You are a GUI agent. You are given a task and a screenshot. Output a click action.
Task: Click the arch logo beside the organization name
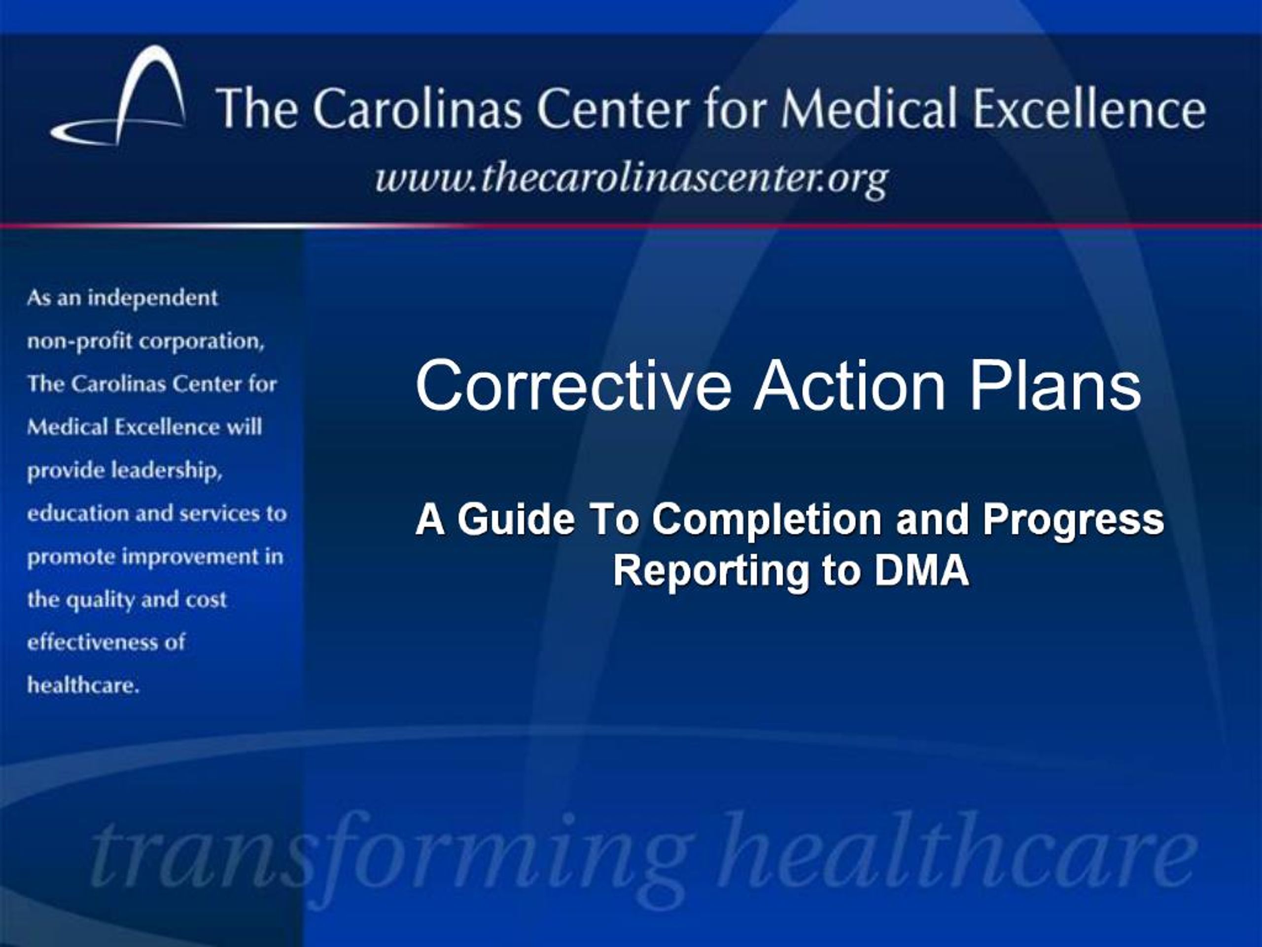click(x=123, y=97)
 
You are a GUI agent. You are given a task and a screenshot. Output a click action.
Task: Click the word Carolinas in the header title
click(x=417, y=109)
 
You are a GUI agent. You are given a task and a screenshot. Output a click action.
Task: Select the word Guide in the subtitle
click(x=516, y=519)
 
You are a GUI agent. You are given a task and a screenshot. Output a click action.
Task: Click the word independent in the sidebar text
click(x=152, y=298)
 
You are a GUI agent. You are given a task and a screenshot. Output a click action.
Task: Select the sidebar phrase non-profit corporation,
click(x=145, y=341)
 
